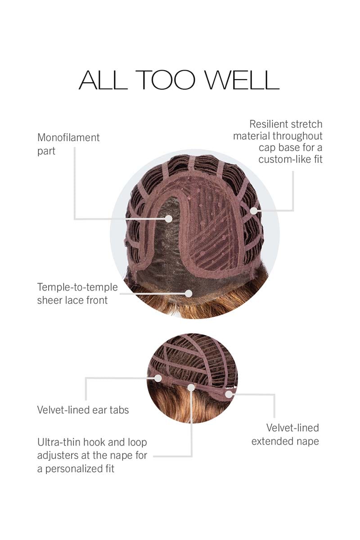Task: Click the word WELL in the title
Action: [x=242, y=80]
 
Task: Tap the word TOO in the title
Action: [x=166, y=80]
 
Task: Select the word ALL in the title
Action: [x=103, y=80]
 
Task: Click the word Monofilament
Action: [x=68, y=138]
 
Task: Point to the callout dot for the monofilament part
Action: [x=169, y=219]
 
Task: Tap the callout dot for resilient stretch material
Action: [x=253, y=211]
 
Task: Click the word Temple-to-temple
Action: [x=77, y=288]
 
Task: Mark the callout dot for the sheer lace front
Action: [x=189, y=293]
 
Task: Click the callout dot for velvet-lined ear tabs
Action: [x=158, y=378]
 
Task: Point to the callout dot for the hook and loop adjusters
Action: [x=191, y=387]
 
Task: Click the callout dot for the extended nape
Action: [x=229, y=394]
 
